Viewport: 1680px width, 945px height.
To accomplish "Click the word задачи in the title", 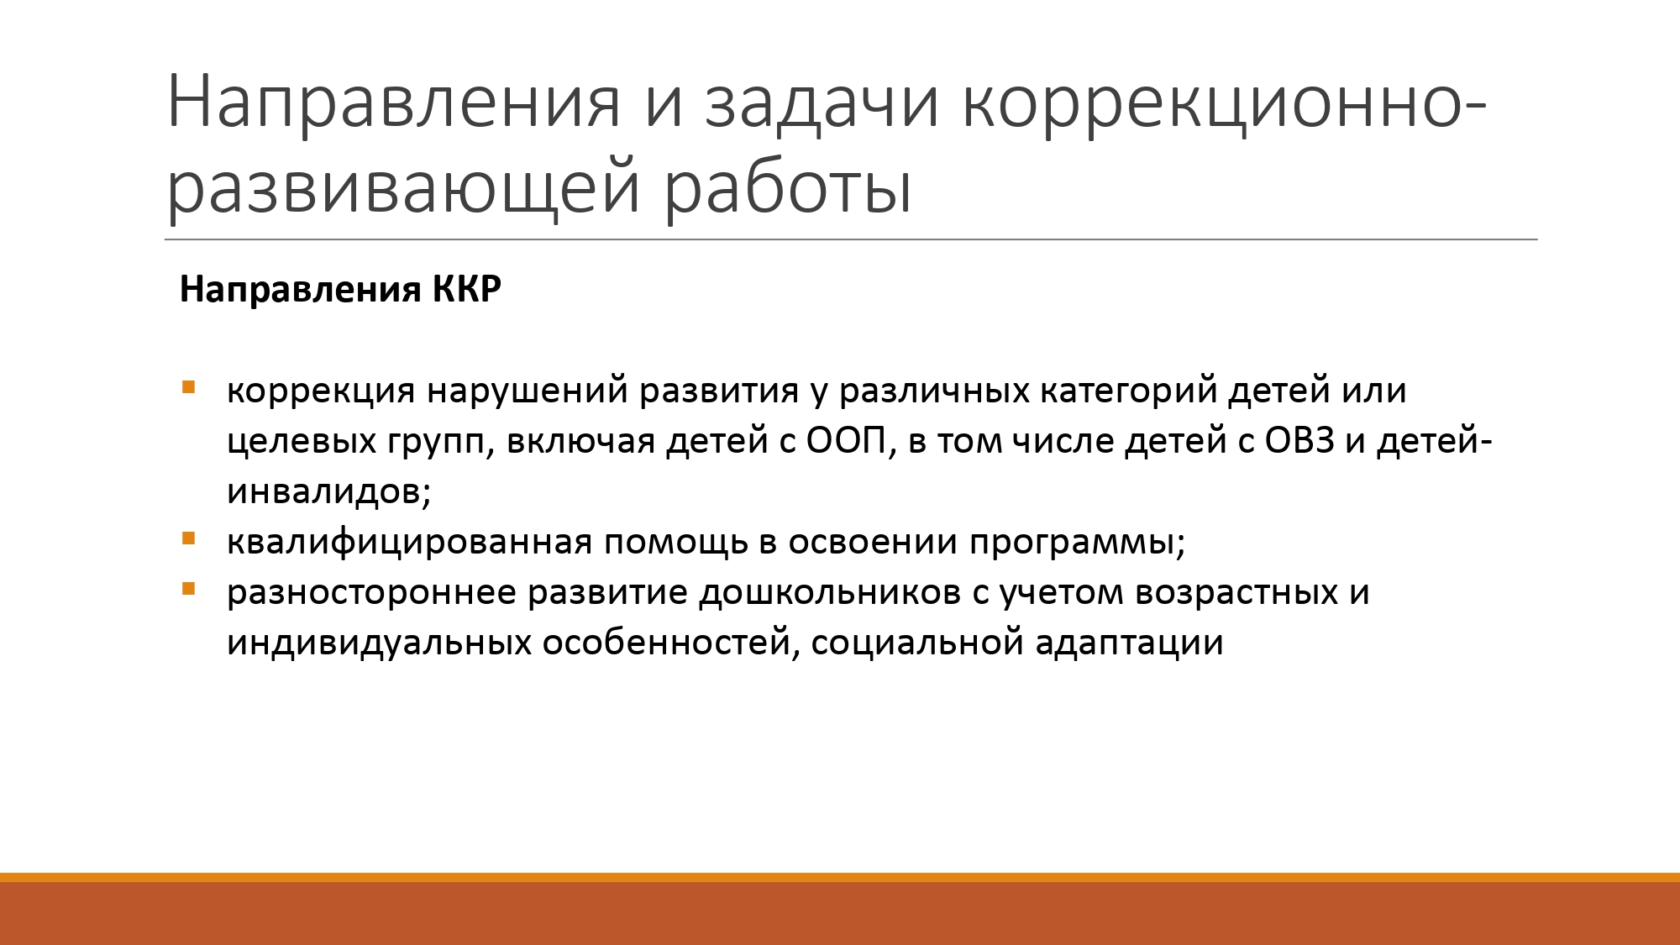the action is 822,102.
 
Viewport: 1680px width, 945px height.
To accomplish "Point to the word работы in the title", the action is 788,186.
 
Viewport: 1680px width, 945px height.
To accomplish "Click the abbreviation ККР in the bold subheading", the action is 466,289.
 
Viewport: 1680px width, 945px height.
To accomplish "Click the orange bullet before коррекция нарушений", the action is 188,388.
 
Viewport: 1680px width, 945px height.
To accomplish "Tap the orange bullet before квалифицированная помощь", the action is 188,539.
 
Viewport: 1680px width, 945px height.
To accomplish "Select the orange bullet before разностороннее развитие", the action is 188,590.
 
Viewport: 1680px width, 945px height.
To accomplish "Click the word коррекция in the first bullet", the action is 321,391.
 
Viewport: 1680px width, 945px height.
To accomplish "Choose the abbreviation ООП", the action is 847,441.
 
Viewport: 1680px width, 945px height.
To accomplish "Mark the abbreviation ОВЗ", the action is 1299,441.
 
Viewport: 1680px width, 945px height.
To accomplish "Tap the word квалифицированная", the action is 410,543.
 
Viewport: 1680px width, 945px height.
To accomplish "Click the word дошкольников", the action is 830,592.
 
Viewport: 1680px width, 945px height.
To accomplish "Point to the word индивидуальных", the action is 379,643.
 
